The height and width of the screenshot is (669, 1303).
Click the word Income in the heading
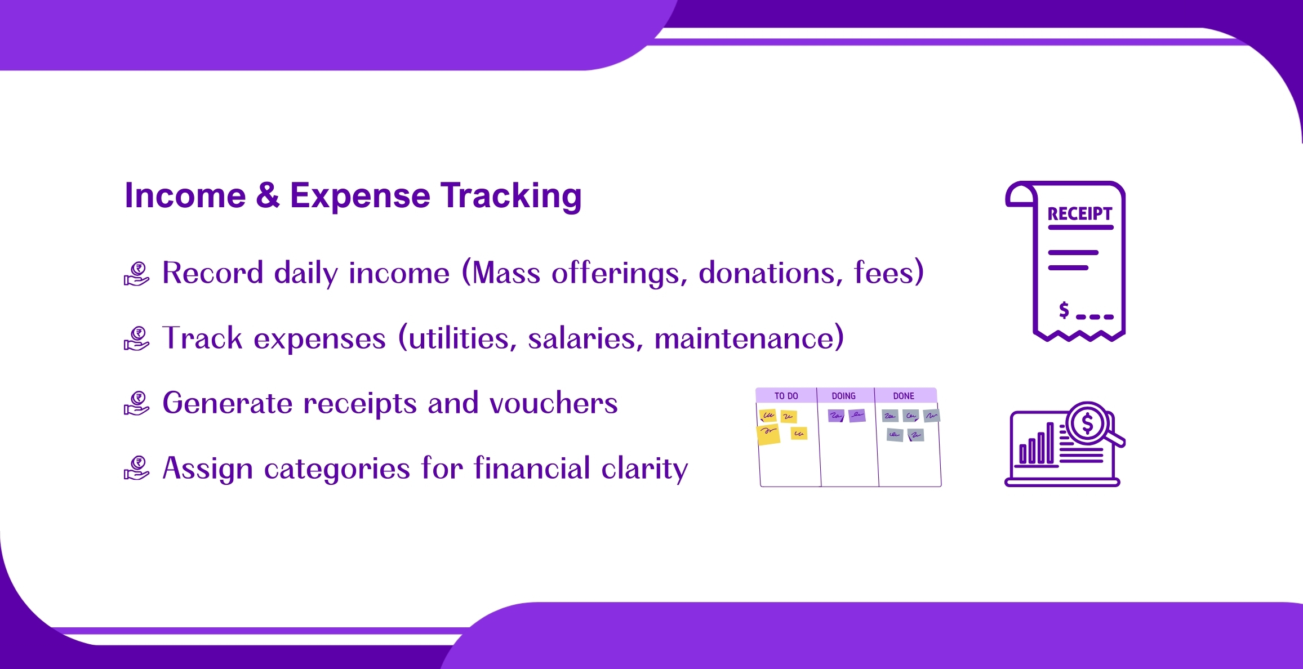(185, 195)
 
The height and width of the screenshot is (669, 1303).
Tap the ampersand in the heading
(268, 195)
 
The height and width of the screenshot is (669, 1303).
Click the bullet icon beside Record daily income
(136, 274)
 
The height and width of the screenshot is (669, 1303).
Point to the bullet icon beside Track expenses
(136, 338)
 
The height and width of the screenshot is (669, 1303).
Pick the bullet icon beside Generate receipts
(136, 403)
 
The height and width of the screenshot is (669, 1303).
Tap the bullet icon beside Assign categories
(136, 468)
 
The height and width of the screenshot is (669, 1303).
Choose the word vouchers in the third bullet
(553, 403)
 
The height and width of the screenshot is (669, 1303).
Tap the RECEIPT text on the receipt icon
(1080, 214)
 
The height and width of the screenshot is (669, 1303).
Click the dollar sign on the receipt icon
(1064, 310)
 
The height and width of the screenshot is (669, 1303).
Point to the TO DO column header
(786, 396)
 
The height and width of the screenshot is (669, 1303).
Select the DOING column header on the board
(843, 396)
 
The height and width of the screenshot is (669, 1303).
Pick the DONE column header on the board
(904, 396)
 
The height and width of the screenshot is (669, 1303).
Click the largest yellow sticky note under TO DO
(768, 435)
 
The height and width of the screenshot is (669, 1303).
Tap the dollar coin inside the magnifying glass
(1087, 423)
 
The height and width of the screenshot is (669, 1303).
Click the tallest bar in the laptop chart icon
(1050, 443)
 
